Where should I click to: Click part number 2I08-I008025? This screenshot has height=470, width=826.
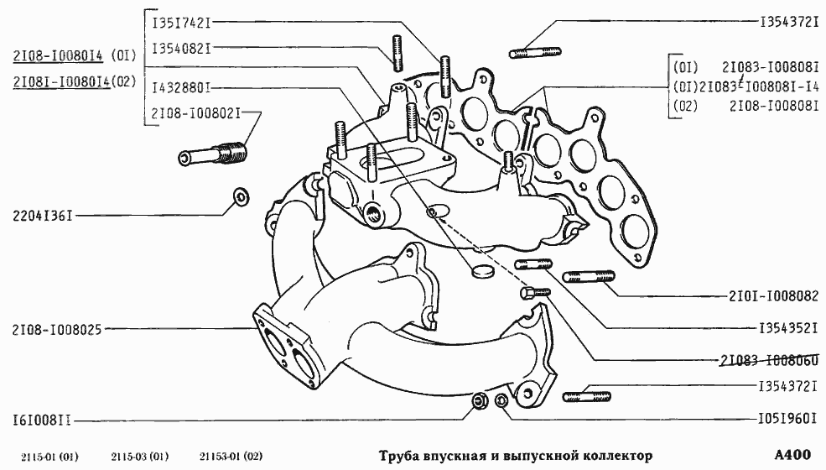point(56,330)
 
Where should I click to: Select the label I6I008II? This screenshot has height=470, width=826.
point(41,417)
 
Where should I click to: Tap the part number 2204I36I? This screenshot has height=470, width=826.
point(40,216)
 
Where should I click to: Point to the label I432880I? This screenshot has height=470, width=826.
point(180,86)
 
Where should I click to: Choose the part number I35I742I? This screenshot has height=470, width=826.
point(180,23)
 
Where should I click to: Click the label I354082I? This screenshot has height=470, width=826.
point(180,49)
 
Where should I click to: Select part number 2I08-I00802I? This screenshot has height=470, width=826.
point(195,112)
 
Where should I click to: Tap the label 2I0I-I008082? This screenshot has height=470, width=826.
point(773,295)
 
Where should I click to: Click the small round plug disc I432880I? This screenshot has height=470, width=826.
point(481,271)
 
